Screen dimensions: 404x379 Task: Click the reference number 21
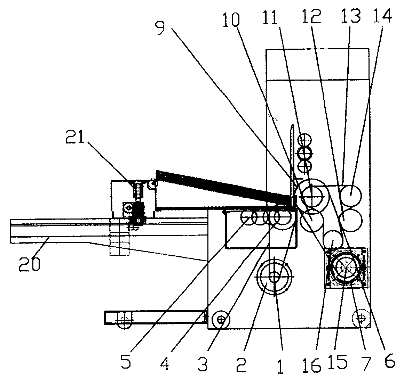75,135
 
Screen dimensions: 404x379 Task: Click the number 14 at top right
382,16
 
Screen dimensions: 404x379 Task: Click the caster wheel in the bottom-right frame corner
361,319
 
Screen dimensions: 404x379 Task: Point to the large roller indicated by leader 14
351,195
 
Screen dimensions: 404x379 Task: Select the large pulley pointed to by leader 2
275,277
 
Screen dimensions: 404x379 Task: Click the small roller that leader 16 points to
333,240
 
